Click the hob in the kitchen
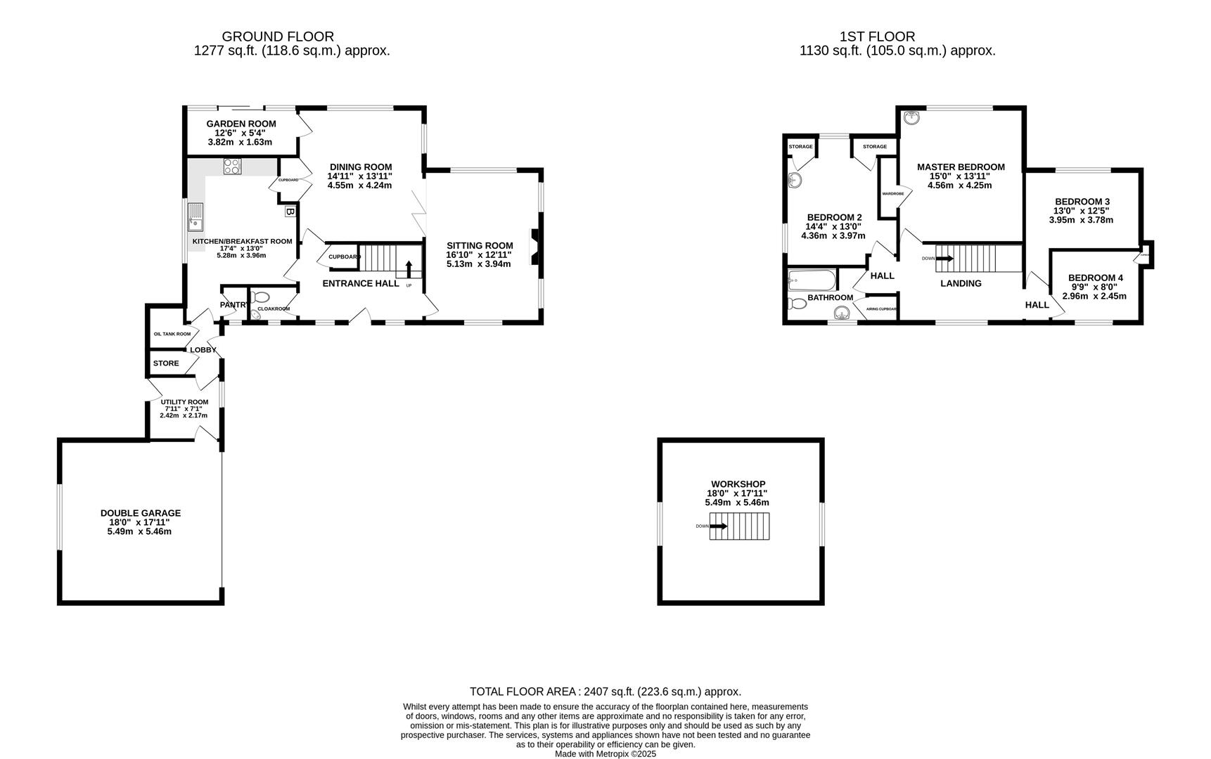coord(232,166)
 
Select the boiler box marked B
coord(289,211)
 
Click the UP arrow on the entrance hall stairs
coord(409,269)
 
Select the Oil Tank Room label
coord(172,334)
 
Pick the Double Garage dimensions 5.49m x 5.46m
coord(139,531)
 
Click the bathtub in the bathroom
coord(812,281)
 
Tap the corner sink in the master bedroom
coord(913,118)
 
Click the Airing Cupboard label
coord(881,309)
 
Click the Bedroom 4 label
coord(1095,278)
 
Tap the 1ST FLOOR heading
coord(877,37)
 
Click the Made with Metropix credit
coord(605,753)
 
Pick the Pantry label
coord(233,305)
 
